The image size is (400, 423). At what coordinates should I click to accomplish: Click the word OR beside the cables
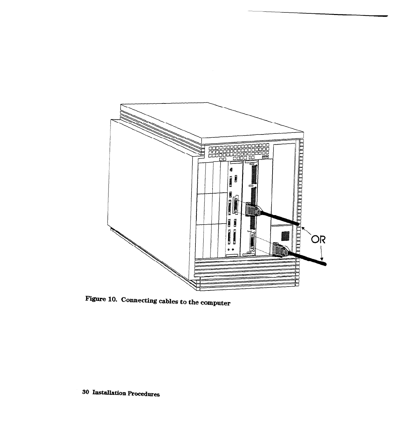(318, 240)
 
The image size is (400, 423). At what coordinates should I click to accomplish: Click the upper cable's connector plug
(253, 209)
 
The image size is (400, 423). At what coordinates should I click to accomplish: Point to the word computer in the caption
(216, 303)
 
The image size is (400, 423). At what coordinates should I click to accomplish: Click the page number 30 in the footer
(86, 392)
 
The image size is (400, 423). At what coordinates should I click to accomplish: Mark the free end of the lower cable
(325, 264)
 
